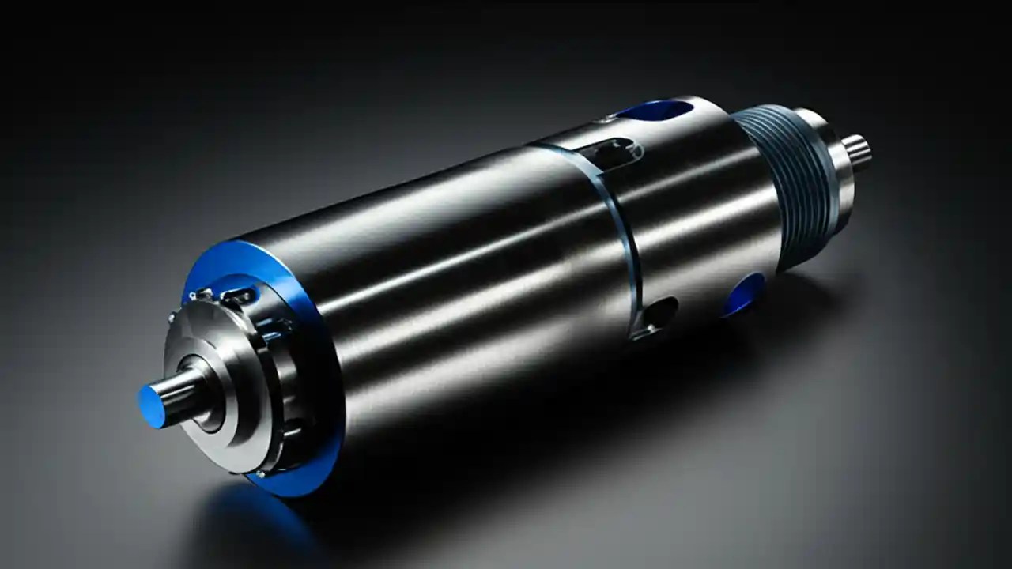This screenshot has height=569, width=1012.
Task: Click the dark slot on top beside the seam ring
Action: click(607, 150)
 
